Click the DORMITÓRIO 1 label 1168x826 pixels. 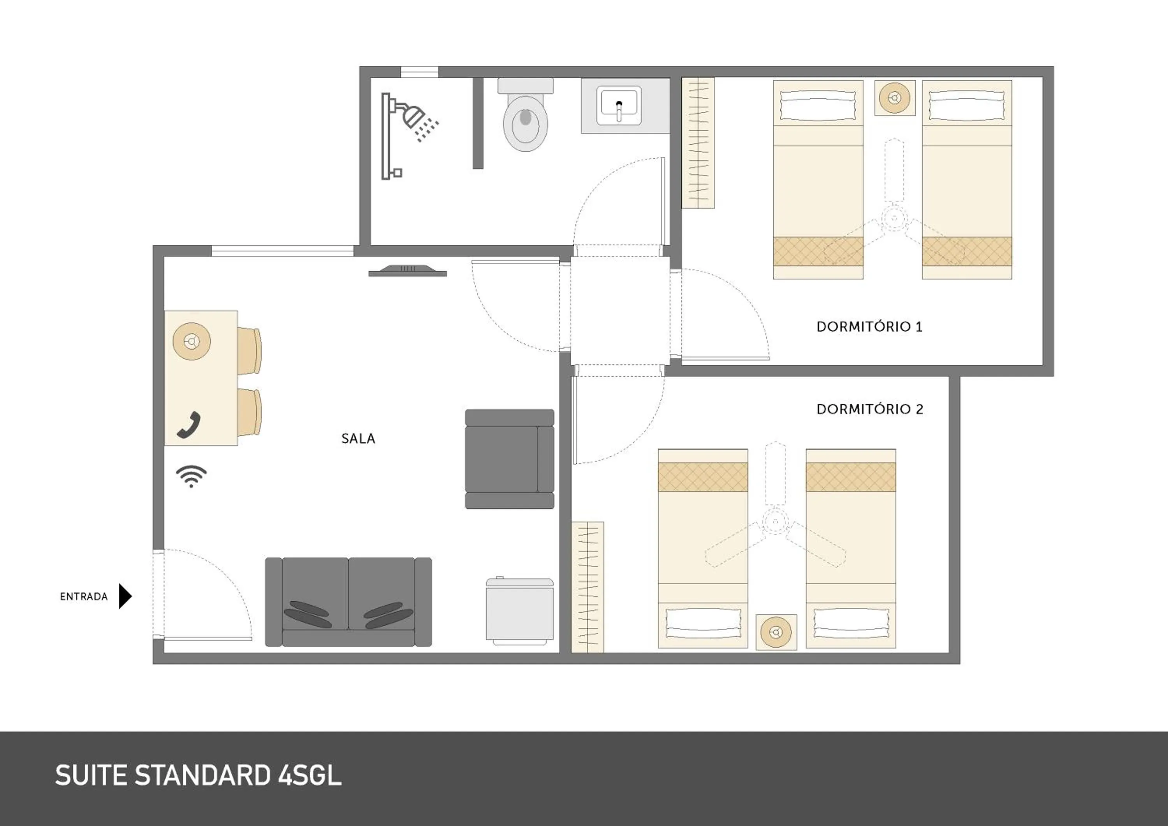869,327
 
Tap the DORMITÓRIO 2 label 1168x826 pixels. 869,409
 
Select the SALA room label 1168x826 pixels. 358,438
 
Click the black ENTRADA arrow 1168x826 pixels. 125,596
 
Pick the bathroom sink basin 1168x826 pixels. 619,105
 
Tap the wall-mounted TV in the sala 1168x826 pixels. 408,271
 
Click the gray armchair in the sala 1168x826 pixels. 509,459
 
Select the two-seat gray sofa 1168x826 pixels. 348,602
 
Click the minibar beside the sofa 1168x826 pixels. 519,610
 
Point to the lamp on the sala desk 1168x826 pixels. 192,341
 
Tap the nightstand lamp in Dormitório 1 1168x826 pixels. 895,98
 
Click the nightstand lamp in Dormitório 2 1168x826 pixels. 776,632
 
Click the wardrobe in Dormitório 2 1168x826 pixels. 588,587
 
